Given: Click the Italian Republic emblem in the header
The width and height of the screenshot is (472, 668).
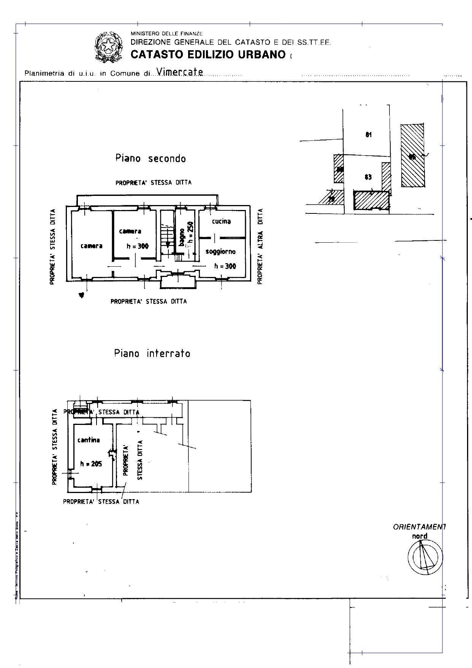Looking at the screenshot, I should click(108, 47).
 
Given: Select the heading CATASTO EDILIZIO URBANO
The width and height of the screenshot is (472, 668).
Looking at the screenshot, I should click(208, 54).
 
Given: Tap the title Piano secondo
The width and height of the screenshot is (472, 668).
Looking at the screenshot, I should click(150, 158).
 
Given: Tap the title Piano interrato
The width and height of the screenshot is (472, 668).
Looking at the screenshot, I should click(152, 353).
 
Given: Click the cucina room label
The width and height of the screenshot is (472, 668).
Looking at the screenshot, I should click(221, 221).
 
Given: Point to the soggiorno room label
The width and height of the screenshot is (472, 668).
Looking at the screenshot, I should click(220, 251).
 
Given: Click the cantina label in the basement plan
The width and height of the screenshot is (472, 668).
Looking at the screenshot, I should click(89, 440).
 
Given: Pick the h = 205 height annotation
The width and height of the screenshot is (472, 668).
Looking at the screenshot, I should click(91, 464).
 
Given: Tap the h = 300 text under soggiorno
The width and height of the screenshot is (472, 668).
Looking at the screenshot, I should click(225, 266).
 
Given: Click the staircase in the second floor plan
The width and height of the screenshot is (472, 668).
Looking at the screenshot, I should click(166, 236).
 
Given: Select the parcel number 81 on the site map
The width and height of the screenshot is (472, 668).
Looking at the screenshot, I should click(368, 134).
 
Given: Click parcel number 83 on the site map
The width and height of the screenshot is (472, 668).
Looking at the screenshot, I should click(368, 177).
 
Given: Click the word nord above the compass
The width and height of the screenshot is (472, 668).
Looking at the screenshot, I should click(420, 536).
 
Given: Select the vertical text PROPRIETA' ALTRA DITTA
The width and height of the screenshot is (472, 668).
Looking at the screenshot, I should click(260, 246).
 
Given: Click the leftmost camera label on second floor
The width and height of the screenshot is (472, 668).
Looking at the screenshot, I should click(91, 246).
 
